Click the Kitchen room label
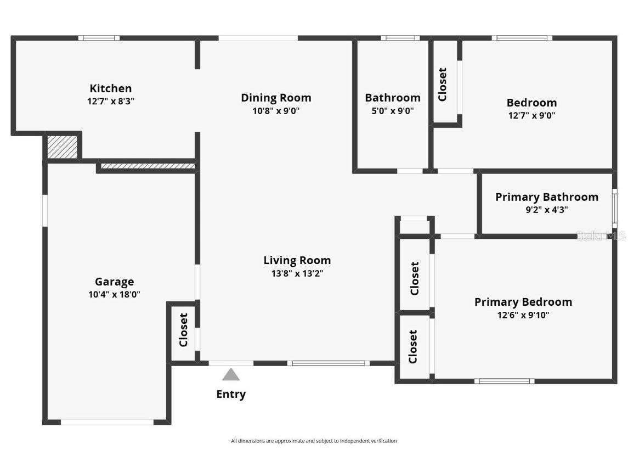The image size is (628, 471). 111,88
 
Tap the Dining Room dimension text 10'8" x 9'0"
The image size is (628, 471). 276,111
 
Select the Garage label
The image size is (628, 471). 114,282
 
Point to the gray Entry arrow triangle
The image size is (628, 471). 231,375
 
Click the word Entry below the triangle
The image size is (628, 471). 231,394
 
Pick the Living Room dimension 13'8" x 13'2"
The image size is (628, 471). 297,273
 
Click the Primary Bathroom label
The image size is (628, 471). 546,197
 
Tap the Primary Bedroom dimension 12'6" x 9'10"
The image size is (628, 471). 523,315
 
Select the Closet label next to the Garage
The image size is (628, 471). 184,330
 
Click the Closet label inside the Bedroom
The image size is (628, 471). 443,85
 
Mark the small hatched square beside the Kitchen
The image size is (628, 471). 62,147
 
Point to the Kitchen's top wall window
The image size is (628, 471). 99,38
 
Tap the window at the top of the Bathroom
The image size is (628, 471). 400,38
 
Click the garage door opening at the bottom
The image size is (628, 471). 107,422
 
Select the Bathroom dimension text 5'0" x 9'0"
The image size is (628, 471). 393,111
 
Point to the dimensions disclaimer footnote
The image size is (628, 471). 314,441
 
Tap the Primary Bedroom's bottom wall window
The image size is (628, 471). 504,381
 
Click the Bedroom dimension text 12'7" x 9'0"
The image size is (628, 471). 531,116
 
